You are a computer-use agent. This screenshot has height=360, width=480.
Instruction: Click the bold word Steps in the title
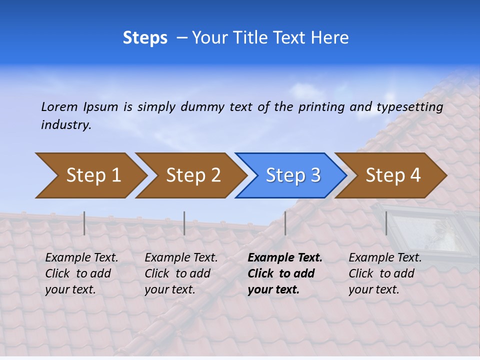pos(145,38)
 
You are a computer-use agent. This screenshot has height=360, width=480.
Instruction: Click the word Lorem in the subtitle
pos(59,106)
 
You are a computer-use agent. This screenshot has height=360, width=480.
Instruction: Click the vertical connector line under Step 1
pos(84,223)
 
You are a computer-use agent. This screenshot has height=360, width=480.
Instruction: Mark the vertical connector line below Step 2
pos(184,223)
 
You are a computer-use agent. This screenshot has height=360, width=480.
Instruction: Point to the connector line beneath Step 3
pos(285,223)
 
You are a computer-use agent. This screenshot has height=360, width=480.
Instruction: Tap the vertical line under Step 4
pos(386,223)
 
